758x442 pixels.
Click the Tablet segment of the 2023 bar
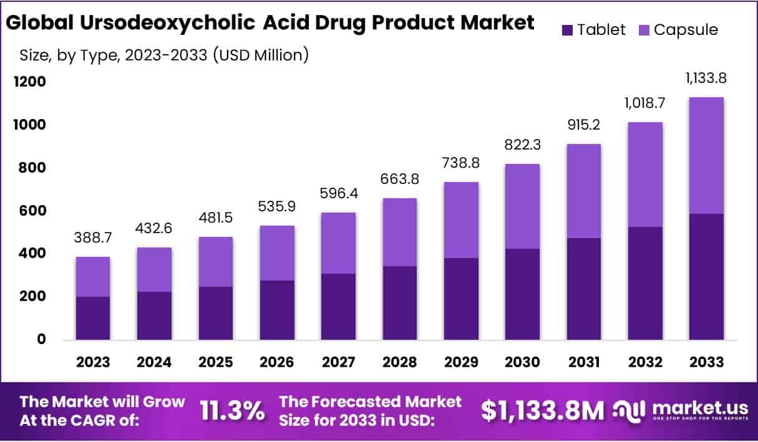pyautogui.click(x=92, y=318)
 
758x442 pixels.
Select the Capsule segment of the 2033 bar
pyautogui.click(x=706, y=156)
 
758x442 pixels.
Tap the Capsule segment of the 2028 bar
pyautogui.click(x=399, y=232)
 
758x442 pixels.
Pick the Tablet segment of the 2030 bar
pyautogui.click(x=522, y=294)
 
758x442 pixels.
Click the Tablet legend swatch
pyautogui.click(x=567, y=30)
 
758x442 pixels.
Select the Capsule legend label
pyautogui.click(x=686, y=30)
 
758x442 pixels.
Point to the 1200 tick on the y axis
pyautogui.click(x=29, y=82)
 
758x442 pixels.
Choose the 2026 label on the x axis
pyautogui.click(x=277, y=362)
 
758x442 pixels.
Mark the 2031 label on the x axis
pyautogui.click(x=583, y=362)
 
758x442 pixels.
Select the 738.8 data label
pyautogui.click(x=461, y=163)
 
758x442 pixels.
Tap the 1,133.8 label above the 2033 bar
pyautogui.click(x=706, y=79)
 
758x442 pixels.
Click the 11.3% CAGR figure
pyautogui.click(x=232, y=410)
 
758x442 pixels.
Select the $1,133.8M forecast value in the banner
pyautogui.click(x=542, y=410)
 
